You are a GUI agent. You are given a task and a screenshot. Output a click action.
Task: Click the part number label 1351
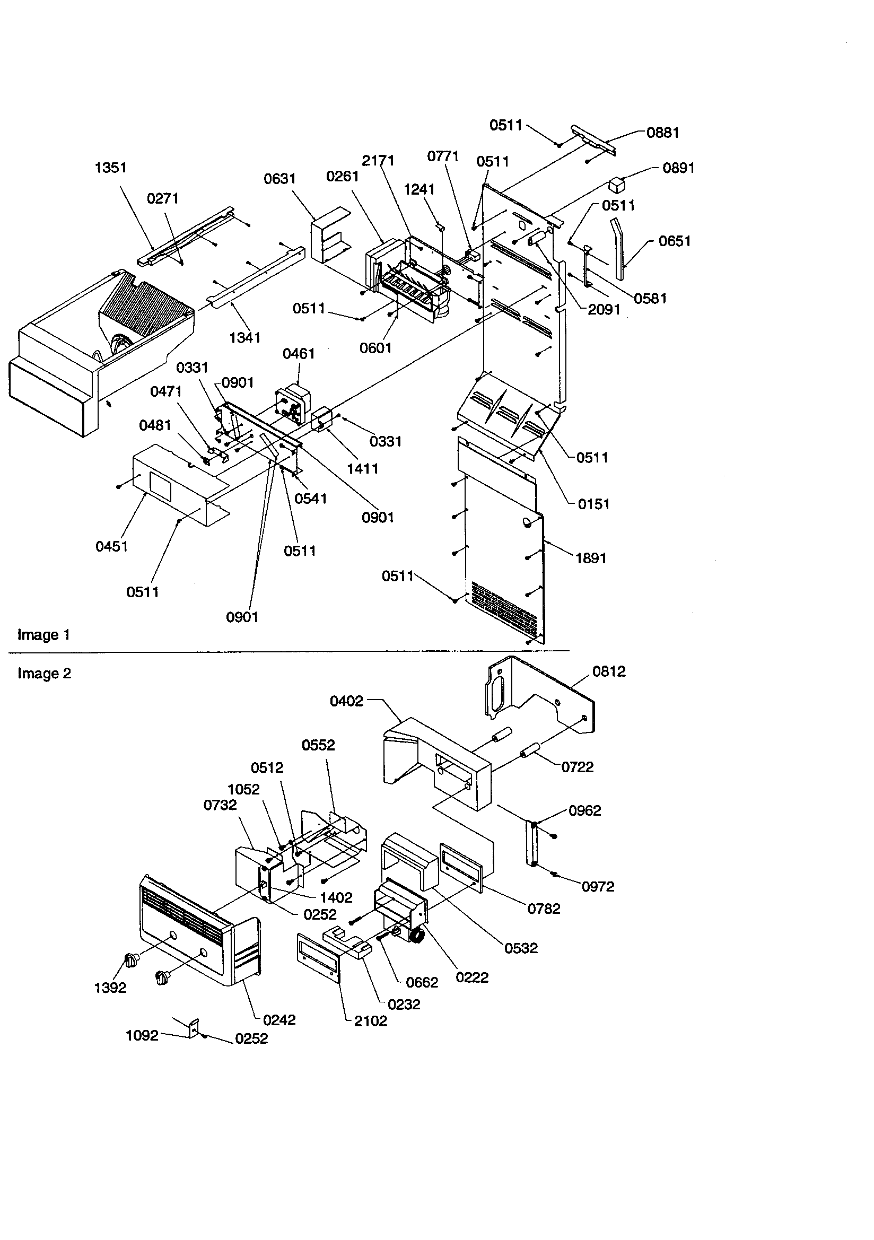(x=111, y=168)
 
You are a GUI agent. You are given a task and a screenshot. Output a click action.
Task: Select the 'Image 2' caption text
(x=45, y=674)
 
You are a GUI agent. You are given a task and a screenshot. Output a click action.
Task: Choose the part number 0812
(x=609, y=671)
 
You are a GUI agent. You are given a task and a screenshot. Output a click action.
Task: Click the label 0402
(x=346, y=701)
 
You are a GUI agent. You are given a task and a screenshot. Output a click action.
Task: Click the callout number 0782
(x=544, y=909)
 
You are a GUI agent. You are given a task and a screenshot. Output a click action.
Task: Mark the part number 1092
(x=142, y=1035)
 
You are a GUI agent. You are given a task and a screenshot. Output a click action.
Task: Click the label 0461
(x=299, y=354)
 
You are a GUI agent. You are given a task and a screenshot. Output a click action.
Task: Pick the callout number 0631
(x=279, y=179)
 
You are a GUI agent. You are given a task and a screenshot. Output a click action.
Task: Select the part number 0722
(x=578, y=767)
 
